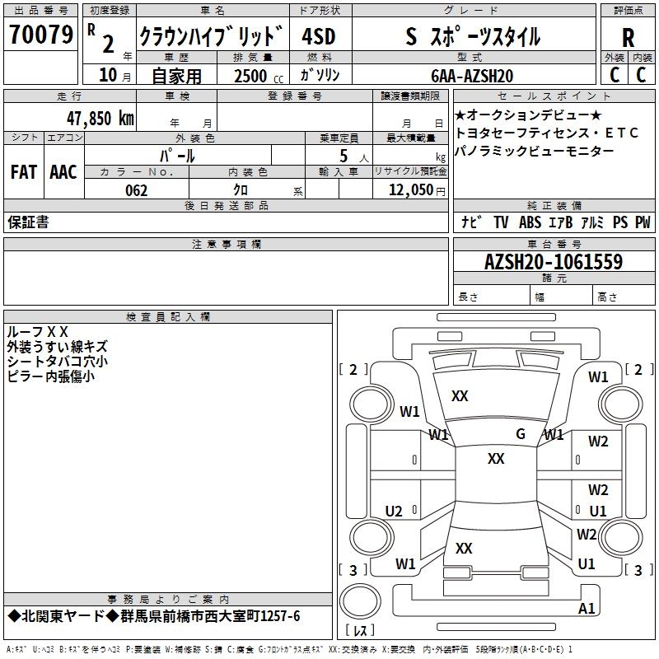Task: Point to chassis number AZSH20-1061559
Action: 553,262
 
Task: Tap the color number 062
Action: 136,190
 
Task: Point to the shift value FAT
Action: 24,172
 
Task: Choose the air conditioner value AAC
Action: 63,172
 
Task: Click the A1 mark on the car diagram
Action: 587,609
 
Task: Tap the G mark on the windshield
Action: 520,434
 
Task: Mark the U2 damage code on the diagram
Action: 394,512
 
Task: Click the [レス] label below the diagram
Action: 359,631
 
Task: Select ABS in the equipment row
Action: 530,222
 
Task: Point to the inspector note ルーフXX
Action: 38,331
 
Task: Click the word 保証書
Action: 28,222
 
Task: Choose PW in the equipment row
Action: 643,222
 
